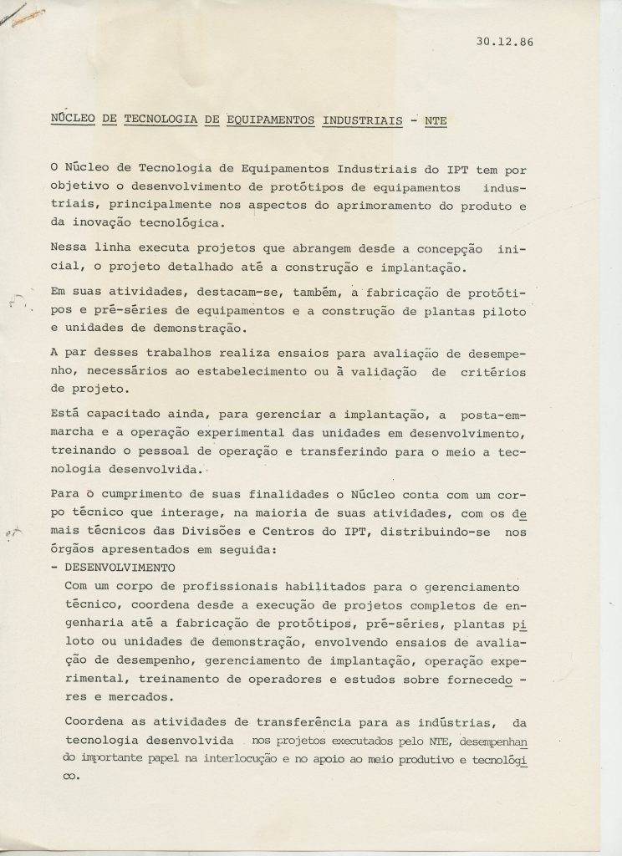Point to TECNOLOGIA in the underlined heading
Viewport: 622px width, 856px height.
tap(158, 120)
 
